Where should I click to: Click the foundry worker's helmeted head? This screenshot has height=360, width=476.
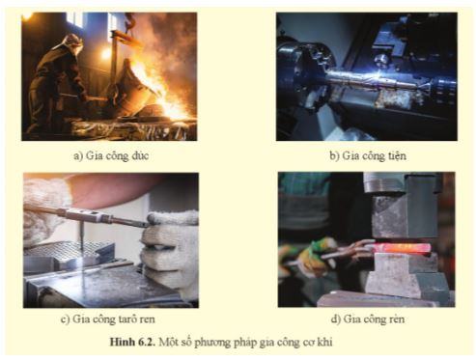70,42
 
